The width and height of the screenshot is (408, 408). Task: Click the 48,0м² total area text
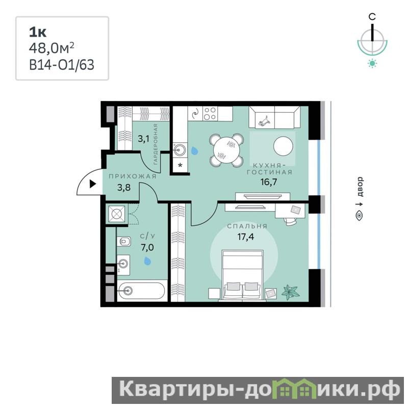pos(52,48)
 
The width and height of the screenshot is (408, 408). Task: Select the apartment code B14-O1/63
pos(62,65)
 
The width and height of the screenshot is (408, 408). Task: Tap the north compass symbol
pos(373,36)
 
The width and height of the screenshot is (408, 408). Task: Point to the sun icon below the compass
pos(372,63)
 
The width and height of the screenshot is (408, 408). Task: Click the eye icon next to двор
pos(360,215)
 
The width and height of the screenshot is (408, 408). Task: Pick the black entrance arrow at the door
pos(93,184)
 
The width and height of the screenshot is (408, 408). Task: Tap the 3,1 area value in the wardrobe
pos(143,139)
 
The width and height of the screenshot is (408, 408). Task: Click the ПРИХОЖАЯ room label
pos(133,176)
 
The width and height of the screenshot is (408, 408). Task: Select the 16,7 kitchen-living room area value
pos(269,182)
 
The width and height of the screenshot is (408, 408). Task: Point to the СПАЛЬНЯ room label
pos(247,226)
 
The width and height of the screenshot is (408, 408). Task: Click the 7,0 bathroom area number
pos(147,247)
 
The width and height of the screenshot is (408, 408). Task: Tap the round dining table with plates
pos(226,150)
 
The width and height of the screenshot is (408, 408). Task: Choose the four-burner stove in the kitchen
pos(210,113)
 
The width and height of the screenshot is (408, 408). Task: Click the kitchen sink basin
pos(180,149)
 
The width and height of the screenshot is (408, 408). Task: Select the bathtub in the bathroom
pos(141,290)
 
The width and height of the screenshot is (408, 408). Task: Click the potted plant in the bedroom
pos(291,292)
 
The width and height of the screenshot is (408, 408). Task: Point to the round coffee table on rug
pos(283,146)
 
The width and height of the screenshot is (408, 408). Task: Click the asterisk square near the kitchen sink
pos(180,165)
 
